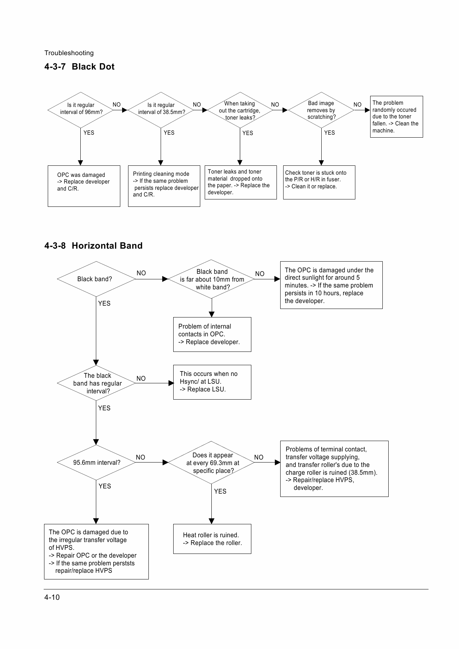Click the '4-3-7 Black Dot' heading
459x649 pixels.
click(x=80, y=67)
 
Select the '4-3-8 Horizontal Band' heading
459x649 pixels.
click(x=93, y=246)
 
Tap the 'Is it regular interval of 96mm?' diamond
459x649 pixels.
click(x=81, y=110)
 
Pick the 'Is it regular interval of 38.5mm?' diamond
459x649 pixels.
click(x=161, y=110)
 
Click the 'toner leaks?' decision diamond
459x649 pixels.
click(x=240, y=110)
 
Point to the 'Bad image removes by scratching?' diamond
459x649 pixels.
click(x=321, y=110)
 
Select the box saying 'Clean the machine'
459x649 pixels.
click(x=396, y=117)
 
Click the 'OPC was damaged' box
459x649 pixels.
click(x=84, y=186)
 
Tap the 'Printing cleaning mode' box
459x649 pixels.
click(x=164, y=186)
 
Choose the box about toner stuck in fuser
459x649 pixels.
click(x=319, y=182)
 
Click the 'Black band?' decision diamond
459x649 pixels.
click(x=96, y=279)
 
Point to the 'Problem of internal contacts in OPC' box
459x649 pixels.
click(x=212, y=334)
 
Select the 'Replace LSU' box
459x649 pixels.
click(x=212, y=382)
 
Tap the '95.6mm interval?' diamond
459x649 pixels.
click(x=96, y=462)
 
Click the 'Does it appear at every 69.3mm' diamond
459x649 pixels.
click(x=212, y=462)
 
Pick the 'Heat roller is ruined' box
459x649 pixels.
click(x=212, y=539)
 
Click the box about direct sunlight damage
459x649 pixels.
click(x=331, y=285)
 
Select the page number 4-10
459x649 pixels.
click(x=52, y=597)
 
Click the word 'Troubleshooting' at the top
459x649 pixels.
click(x=69, y=53)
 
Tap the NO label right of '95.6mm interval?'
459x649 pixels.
click(x=141, y=457)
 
